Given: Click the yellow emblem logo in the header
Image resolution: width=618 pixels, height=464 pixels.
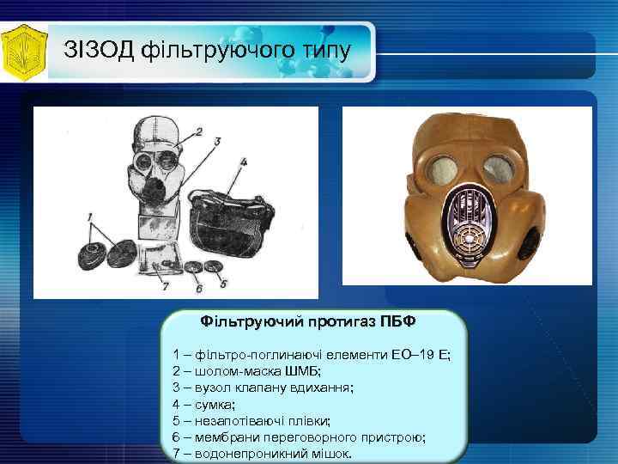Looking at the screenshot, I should [24, 52].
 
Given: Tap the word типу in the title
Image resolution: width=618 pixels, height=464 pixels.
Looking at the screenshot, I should [321, 50].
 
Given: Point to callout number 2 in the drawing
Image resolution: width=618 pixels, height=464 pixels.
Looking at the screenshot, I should [198, 131].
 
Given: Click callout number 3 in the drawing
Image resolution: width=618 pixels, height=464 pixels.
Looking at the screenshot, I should [218, 139].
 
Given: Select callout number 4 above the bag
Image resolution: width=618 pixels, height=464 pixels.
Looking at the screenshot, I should [244, 161].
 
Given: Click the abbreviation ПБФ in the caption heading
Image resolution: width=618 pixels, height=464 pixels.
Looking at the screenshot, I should [399, 321].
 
